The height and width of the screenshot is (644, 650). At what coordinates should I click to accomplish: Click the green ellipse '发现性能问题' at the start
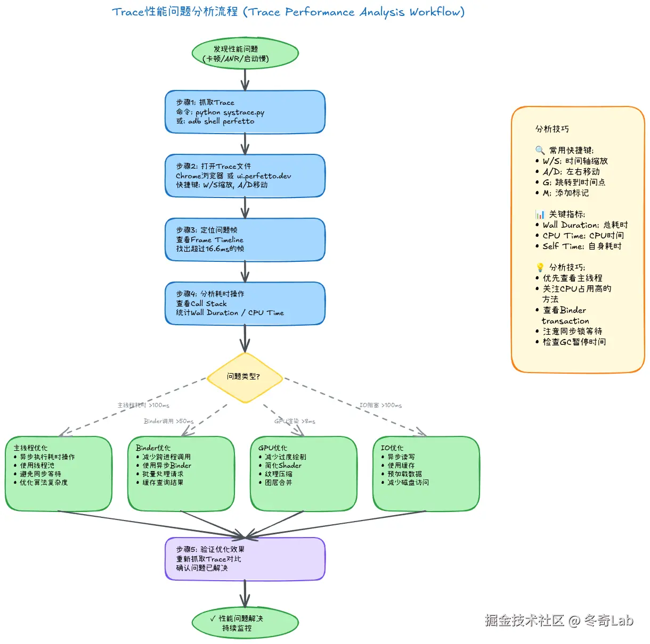pyautogui.click(x=245, y=53)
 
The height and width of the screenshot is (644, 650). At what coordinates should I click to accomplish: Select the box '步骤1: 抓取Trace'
pyautogui.click(x=245, y=112)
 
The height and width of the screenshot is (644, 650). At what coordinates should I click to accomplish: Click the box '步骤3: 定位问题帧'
pyautogui.click(x=245, y=240)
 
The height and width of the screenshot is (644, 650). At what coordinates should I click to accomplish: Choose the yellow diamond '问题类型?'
pyautogui.click(x=244, y=377)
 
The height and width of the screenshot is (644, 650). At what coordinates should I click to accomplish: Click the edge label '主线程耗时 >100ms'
pyautogui.click(x=143, y=405)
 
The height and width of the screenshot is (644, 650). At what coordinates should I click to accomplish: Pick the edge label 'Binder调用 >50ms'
pyautogui.click(x=168, y=421)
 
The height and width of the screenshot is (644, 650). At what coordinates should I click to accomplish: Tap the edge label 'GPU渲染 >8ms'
pyautogui.click(x=295, y=421)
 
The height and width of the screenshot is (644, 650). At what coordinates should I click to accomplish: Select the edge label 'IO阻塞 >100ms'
pyautogui.click(x=380, y=405)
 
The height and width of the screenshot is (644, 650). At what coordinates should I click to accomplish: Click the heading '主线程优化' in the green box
pyautogui.click(x=30, y=448)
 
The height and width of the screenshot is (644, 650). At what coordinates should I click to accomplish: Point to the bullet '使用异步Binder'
pyautogui.click(x=166, y=465)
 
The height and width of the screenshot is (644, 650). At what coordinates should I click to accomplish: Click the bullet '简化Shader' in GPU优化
pyautogui.click(x=283, y=465)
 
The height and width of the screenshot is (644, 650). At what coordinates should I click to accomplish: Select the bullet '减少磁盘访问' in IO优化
pyautogui.click(x=408, y=482)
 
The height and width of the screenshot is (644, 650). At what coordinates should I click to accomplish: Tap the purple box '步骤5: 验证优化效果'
pyautogui.click(x=245, y=559)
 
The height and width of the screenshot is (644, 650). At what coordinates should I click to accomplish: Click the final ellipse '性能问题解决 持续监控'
pyautogui.click(x=245, y=623)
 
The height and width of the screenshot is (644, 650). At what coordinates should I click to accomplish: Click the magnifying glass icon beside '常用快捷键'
pyautogui.click(x=540, y=150)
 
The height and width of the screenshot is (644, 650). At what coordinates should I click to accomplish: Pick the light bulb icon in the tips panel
pyautogui.click(x=540, y=267)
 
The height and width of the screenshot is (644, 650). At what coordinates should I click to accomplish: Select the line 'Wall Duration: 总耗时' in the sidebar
pyautogui.click(x=584, y=225)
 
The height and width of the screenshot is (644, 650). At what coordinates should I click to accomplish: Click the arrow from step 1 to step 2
pyautogui.click(x=245, y=144)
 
